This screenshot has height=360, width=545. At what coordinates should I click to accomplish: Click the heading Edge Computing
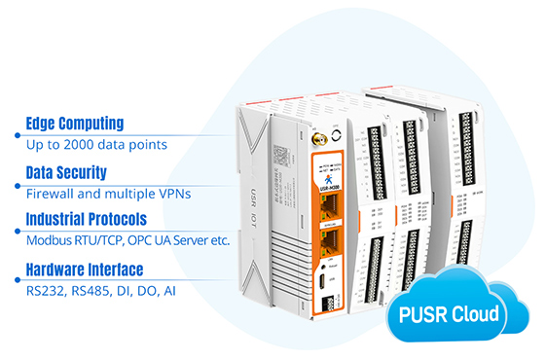[75, 124]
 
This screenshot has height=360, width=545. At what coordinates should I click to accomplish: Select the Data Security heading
[66, 172]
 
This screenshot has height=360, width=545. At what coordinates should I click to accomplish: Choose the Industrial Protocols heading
[87, 219]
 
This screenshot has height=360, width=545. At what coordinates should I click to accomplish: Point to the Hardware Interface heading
[85, 269]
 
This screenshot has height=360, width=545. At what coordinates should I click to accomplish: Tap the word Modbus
[51, 240]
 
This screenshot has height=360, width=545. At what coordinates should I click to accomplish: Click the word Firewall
[52, 193]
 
